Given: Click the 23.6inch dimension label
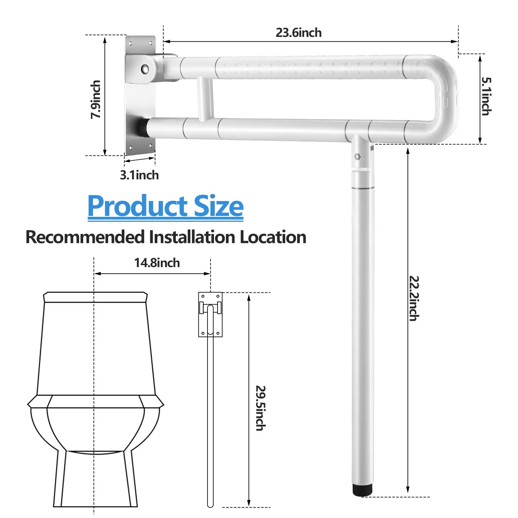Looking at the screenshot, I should pyautogui.click(x=298, y=33).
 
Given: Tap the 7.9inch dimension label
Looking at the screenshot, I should pyautogui.click(x=96, y=99).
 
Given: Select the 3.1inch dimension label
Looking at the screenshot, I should pyautogui.click(x=140, y=175).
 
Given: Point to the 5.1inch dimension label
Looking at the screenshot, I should pyautogui.click(x=486, y=96).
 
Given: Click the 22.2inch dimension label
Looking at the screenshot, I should pyautogui.click(x=414, y=298).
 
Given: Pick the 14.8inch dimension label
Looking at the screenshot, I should pyautogui.click(x=157, y=263).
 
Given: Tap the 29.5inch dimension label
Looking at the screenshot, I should pyautogui.click(x=261, y=408).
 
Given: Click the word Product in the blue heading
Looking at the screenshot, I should pyautogui.click(x=138, y=206).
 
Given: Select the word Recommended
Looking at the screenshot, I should pyautogui.click(x=85, y=237).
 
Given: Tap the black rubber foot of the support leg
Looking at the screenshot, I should pyautogui.click(x=363, y=490).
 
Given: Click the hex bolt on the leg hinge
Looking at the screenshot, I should pyautogui.click(x=357, y=157).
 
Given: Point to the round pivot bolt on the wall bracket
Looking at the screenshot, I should pyautogui.click(x=145, y=68).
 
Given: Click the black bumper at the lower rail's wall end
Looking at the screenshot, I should pyautogui.click(x=142, y=127).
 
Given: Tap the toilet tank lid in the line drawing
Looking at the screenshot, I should pyautogui.click(x=96, y=297).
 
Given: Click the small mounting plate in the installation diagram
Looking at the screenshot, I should pyautogui.click(x=210, y=314).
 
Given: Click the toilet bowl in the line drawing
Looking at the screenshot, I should pyautogui.click(x=96, y=427).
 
